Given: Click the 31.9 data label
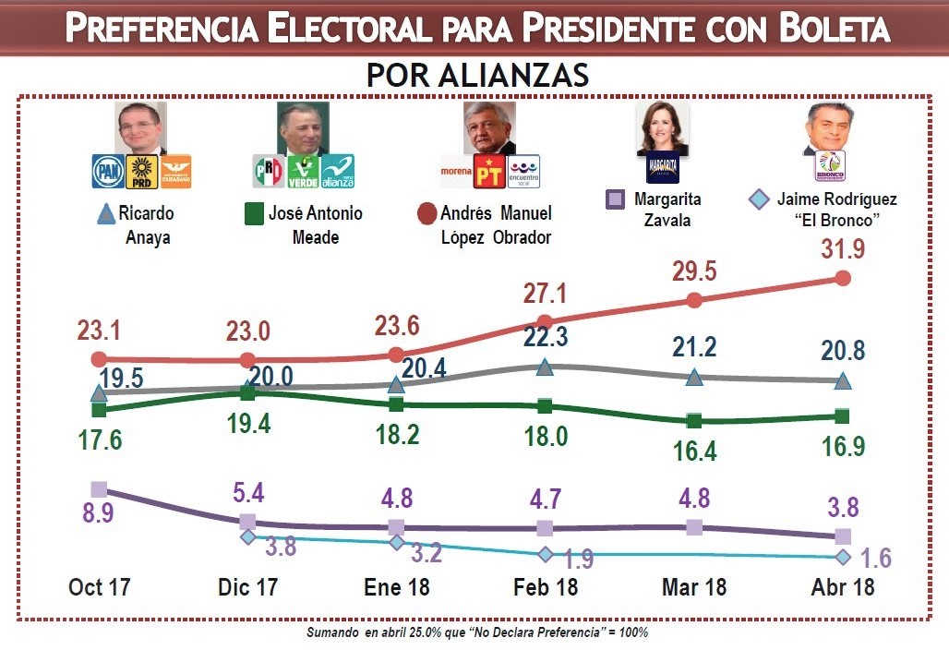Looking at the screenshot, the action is coord(843,249).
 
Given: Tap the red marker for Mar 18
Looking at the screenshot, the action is coord(694,300).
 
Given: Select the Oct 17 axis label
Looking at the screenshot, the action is coord(100,587).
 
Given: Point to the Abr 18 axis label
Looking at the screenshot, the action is coord(843,587).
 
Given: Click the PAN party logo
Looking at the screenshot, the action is coord(108,172).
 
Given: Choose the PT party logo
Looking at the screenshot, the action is coord(489,172).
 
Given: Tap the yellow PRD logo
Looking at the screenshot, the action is coord(142,172).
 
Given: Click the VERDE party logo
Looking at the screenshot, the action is coord(303,172).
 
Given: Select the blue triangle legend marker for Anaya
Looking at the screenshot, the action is coord(106,214).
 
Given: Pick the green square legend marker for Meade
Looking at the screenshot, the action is coord(254,214).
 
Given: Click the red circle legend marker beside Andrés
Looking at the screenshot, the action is coord(426,214).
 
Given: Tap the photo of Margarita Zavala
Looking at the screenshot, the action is coord(662,128).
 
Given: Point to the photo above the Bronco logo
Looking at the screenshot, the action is coord(829,127).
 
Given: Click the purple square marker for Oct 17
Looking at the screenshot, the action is coord(100,489).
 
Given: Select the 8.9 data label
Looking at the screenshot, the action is coord(98,512).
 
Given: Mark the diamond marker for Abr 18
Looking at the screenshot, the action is coord(843,557).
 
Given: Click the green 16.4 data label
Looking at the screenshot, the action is coord(695,451).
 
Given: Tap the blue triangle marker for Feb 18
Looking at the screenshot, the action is coord(545,367).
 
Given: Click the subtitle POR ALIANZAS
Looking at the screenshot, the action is coord(477,75).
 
